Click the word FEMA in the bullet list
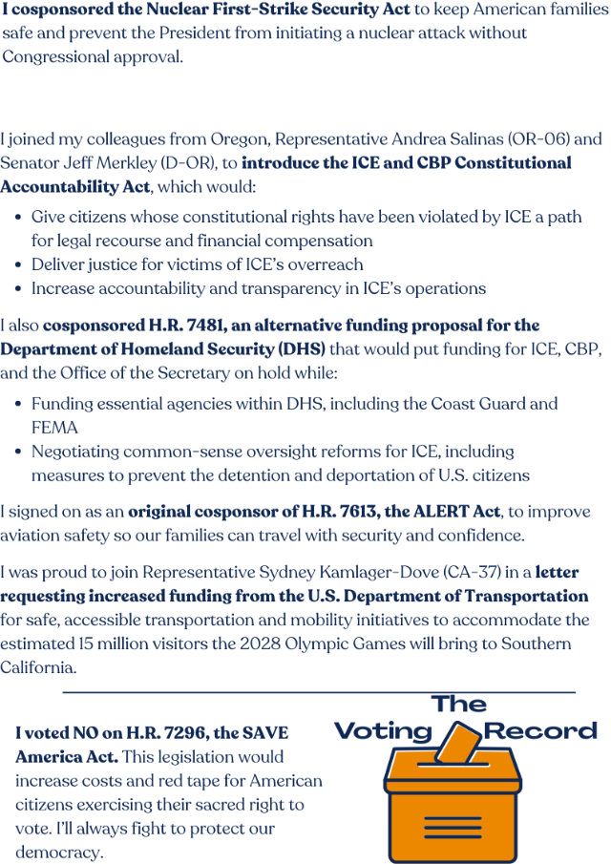tap(54, 428)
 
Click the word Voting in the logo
tap(383, 732)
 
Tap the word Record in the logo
tap(541, 732)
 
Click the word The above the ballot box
tap(459, 705)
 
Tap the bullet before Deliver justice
tap(20, 265)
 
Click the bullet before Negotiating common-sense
tap(20, 452)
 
